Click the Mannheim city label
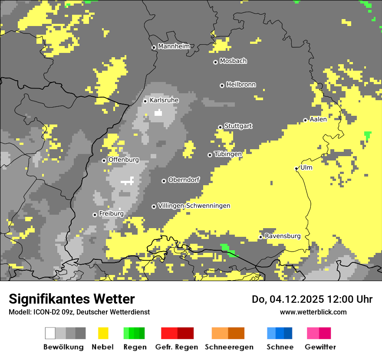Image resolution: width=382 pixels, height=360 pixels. (174, 46)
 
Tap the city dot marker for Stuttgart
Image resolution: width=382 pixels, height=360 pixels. (220, 127)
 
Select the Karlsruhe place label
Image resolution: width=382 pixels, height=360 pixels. (164, 100)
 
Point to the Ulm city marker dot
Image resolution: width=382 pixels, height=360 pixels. (296, 168)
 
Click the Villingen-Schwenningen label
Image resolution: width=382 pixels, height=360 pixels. (194, 206)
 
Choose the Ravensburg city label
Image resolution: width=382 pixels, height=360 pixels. (283, 236)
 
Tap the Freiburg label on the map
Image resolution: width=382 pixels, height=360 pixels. (111, 214)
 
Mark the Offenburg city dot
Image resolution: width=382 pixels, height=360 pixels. (104, 160)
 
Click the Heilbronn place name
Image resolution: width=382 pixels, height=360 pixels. (241, 85)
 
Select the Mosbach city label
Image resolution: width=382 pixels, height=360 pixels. (233, 61)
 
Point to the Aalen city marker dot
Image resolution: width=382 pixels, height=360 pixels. (305, 120)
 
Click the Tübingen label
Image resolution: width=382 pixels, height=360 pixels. (228, 154)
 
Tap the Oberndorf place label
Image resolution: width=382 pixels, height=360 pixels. (184, 180)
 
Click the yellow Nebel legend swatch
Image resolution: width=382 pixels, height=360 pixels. (103, 333)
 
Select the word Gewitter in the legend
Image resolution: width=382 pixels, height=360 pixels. (320, 347)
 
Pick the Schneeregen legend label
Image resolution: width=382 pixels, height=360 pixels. (229, 347)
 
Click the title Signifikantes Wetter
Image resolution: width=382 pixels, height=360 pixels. (72, 299)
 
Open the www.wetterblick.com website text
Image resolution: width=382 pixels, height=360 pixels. (313, 312)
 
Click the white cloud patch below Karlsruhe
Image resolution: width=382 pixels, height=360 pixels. (158, 113)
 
